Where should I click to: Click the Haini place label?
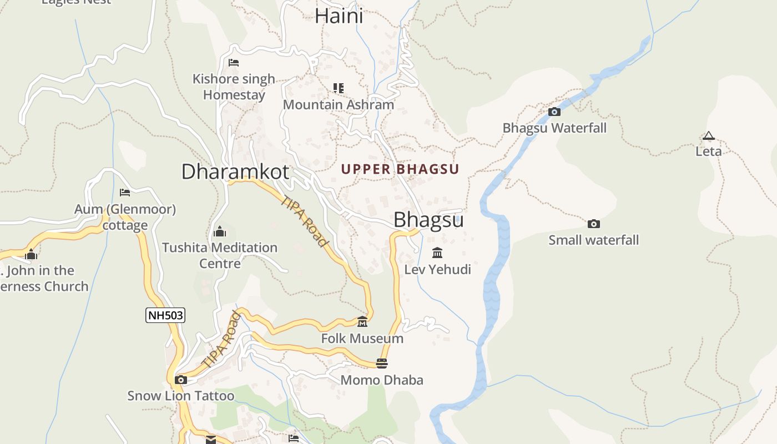point(339,15)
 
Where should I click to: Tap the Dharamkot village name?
point(235,171)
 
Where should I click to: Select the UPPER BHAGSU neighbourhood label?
point(400,169)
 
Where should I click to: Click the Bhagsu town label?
point(428,220)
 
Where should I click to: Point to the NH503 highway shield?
point(165,316)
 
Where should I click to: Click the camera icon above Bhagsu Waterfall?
point(554,112)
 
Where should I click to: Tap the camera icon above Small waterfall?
point(594,224)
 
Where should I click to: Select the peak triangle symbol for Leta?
point(708,135)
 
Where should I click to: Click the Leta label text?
point(709,151)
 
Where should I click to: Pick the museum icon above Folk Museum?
point(362,322)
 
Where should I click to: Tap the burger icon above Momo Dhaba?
point(382,364)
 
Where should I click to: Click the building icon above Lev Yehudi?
point(437,253)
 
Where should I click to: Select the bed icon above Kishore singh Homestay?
point(234,63)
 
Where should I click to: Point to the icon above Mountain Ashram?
point(339,88)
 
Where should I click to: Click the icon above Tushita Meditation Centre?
point(220,231)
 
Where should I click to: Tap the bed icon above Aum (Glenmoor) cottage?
point(125,193)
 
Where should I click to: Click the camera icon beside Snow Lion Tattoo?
point(180,380)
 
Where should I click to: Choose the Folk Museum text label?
point(362,339)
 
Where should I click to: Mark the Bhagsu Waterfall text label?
point(554,128)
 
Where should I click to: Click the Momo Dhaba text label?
point(382,380)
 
